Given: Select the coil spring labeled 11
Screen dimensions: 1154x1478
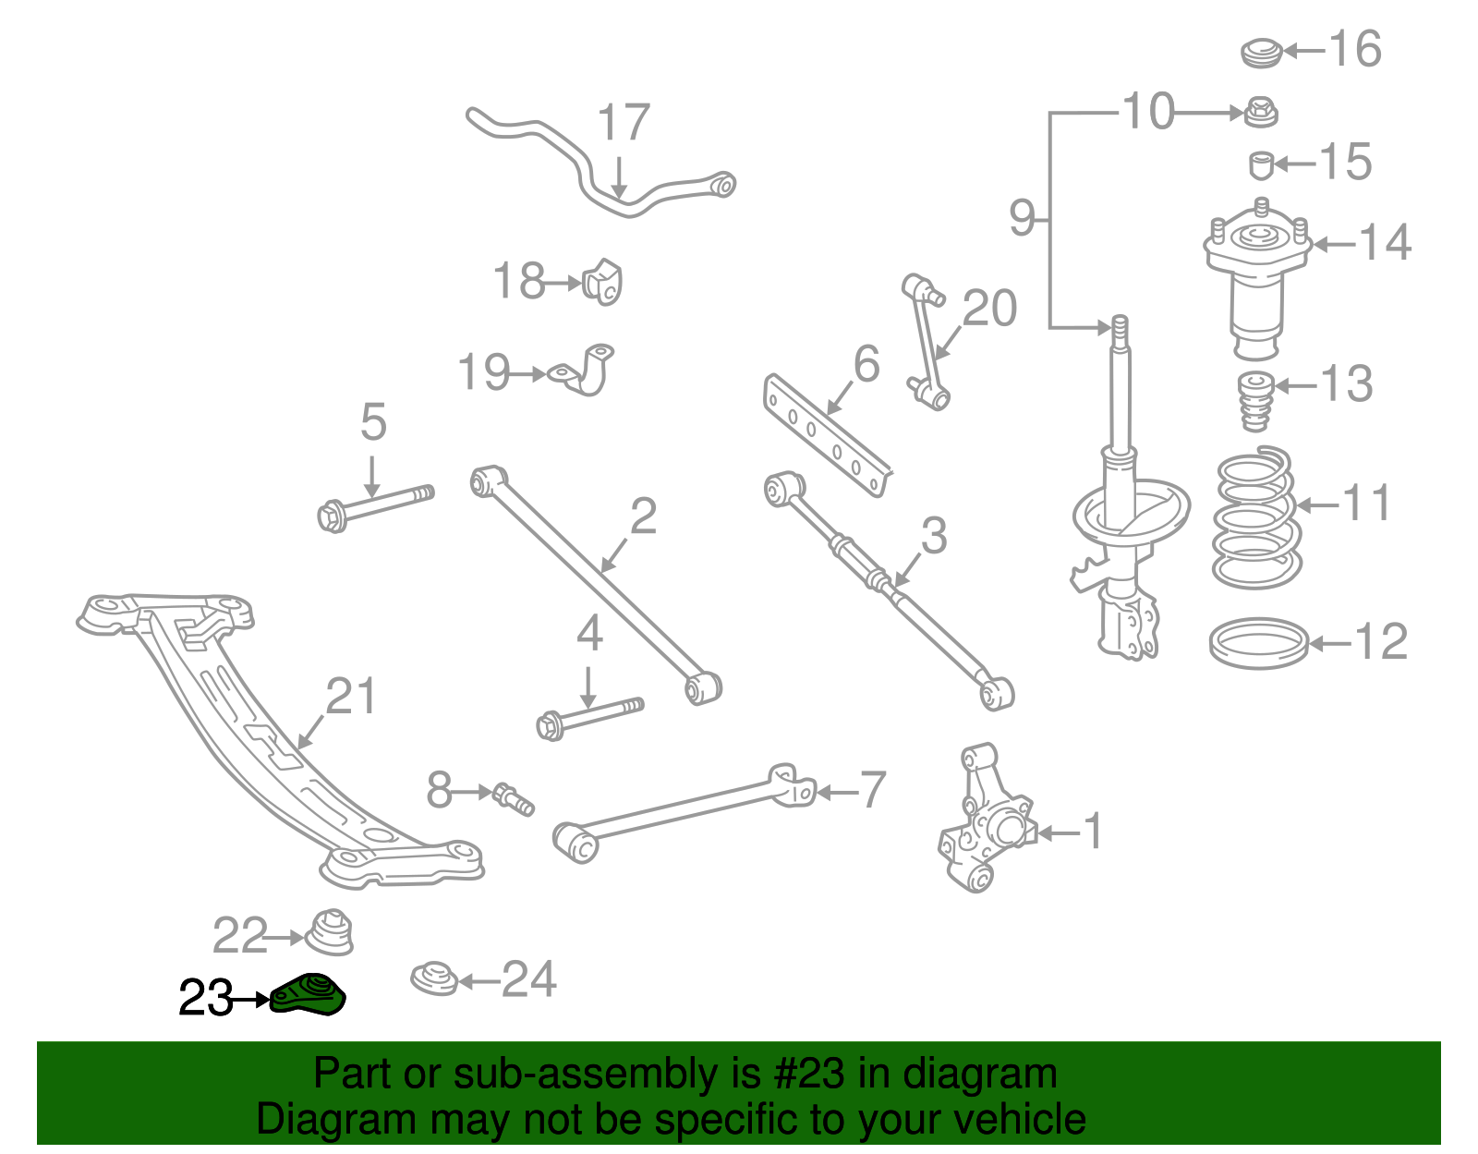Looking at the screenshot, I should [1256, 518].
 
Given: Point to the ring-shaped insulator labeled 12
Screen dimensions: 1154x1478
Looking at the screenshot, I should [1258, 643].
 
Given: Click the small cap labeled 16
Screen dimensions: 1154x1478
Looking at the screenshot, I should [1261, 52].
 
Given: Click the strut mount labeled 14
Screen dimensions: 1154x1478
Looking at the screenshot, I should [1257, 277].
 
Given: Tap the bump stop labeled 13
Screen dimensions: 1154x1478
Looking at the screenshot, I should [1254, 400].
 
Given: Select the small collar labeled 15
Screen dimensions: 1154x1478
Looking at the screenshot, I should [1261, 165].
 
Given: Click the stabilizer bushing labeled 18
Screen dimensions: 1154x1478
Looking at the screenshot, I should [603, 283].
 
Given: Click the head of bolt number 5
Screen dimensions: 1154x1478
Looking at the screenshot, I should [331, 516].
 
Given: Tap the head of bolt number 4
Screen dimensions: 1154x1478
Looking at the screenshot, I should [551, 725].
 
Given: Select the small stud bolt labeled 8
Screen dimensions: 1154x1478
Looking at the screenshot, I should [513, 798].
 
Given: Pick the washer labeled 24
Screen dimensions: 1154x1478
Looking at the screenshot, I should [434, 979].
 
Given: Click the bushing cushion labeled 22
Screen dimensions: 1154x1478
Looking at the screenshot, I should [330, 932].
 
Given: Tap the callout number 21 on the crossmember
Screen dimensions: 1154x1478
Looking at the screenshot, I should [351, 697].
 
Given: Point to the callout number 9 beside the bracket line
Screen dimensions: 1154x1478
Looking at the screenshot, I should [1022, 218].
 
